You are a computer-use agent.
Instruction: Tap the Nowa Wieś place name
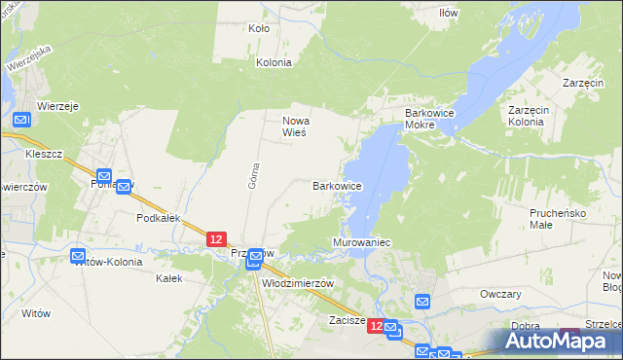[295, 126]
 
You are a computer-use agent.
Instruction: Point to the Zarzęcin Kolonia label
[531, 116]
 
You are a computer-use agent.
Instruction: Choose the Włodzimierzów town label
[299, 283]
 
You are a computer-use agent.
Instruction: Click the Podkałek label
[160, 219]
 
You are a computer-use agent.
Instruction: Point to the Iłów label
[448, 13]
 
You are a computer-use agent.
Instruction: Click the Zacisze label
[347, 319]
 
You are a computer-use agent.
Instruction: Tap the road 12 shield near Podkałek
[216, 238]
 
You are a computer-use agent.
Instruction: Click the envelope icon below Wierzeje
[23, 121]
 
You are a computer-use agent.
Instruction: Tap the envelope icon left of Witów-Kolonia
[80, 257]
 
